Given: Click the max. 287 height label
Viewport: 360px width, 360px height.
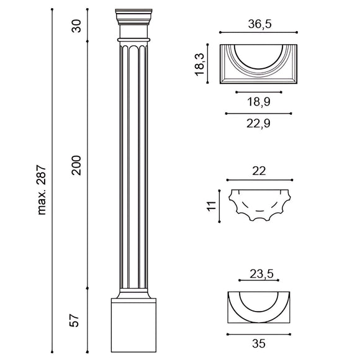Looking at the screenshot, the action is click(x=42, y=190).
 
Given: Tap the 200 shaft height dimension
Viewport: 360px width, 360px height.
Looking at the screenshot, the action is click(x=76, y=165).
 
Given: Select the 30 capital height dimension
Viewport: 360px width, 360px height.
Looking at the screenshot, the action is click(x=76, y=26).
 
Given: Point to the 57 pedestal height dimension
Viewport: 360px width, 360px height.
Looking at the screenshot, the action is click(x=74, y=320).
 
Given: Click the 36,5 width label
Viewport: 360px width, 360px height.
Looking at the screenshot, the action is click(x=259, y=24).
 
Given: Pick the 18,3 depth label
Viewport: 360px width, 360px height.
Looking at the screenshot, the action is click(x=199, y=64).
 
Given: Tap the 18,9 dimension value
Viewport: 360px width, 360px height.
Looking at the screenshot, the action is click(x=259, y=101).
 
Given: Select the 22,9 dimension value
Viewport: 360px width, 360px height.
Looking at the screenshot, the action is click(x=258, y=124).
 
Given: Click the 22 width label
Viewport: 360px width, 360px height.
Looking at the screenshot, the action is click(x=259, y=171).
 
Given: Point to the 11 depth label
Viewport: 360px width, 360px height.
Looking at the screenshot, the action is click(x=212, y=205).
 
